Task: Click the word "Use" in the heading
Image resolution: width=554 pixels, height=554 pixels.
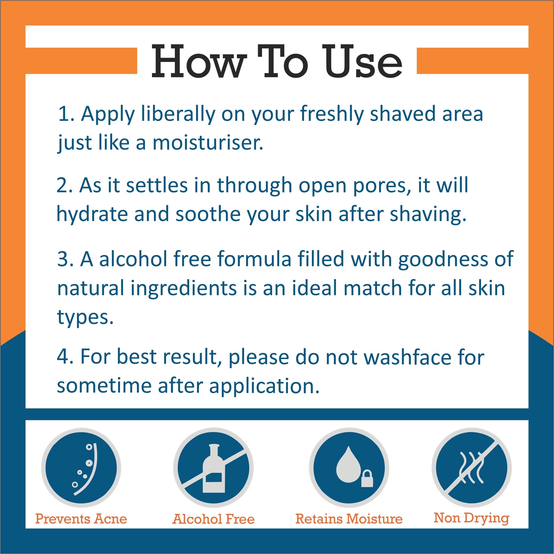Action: pos(364,61)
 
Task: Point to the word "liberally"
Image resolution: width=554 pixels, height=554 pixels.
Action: pos(178,114)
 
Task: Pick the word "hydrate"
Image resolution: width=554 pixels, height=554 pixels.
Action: pos(92,214)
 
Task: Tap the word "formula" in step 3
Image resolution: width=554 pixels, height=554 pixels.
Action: pos(254,259)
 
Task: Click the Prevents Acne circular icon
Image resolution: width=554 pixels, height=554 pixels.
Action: pos(81,468)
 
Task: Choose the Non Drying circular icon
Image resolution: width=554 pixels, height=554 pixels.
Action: pos(472,468)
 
